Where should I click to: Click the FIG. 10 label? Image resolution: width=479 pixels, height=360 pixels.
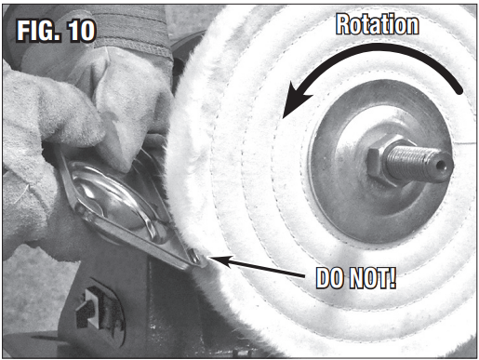56,31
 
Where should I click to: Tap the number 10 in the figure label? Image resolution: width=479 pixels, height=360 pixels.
81,31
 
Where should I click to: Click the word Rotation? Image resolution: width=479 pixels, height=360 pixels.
378,24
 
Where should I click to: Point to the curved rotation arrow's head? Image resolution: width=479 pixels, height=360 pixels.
295,100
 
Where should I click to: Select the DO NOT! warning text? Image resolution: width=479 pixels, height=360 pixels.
356,277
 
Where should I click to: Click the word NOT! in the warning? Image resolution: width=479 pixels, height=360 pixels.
373,277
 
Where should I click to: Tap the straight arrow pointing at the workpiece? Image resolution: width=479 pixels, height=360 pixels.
256,266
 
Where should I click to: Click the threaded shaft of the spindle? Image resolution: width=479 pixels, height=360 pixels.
416,163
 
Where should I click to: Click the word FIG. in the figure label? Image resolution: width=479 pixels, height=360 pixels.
38,31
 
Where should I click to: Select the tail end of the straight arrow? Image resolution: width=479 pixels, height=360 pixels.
304,275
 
